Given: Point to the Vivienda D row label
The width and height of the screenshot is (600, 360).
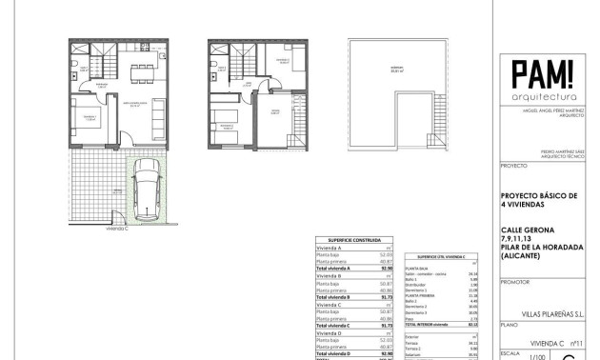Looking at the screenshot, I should tap(329, 333).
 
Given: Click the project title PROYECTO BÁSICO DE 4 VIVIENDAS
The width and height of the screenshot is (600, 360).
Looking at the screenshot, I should tap(538, 199).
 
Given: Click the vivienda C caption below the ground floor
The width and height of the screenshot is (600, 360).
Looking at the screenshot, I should tap(118, 230).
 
